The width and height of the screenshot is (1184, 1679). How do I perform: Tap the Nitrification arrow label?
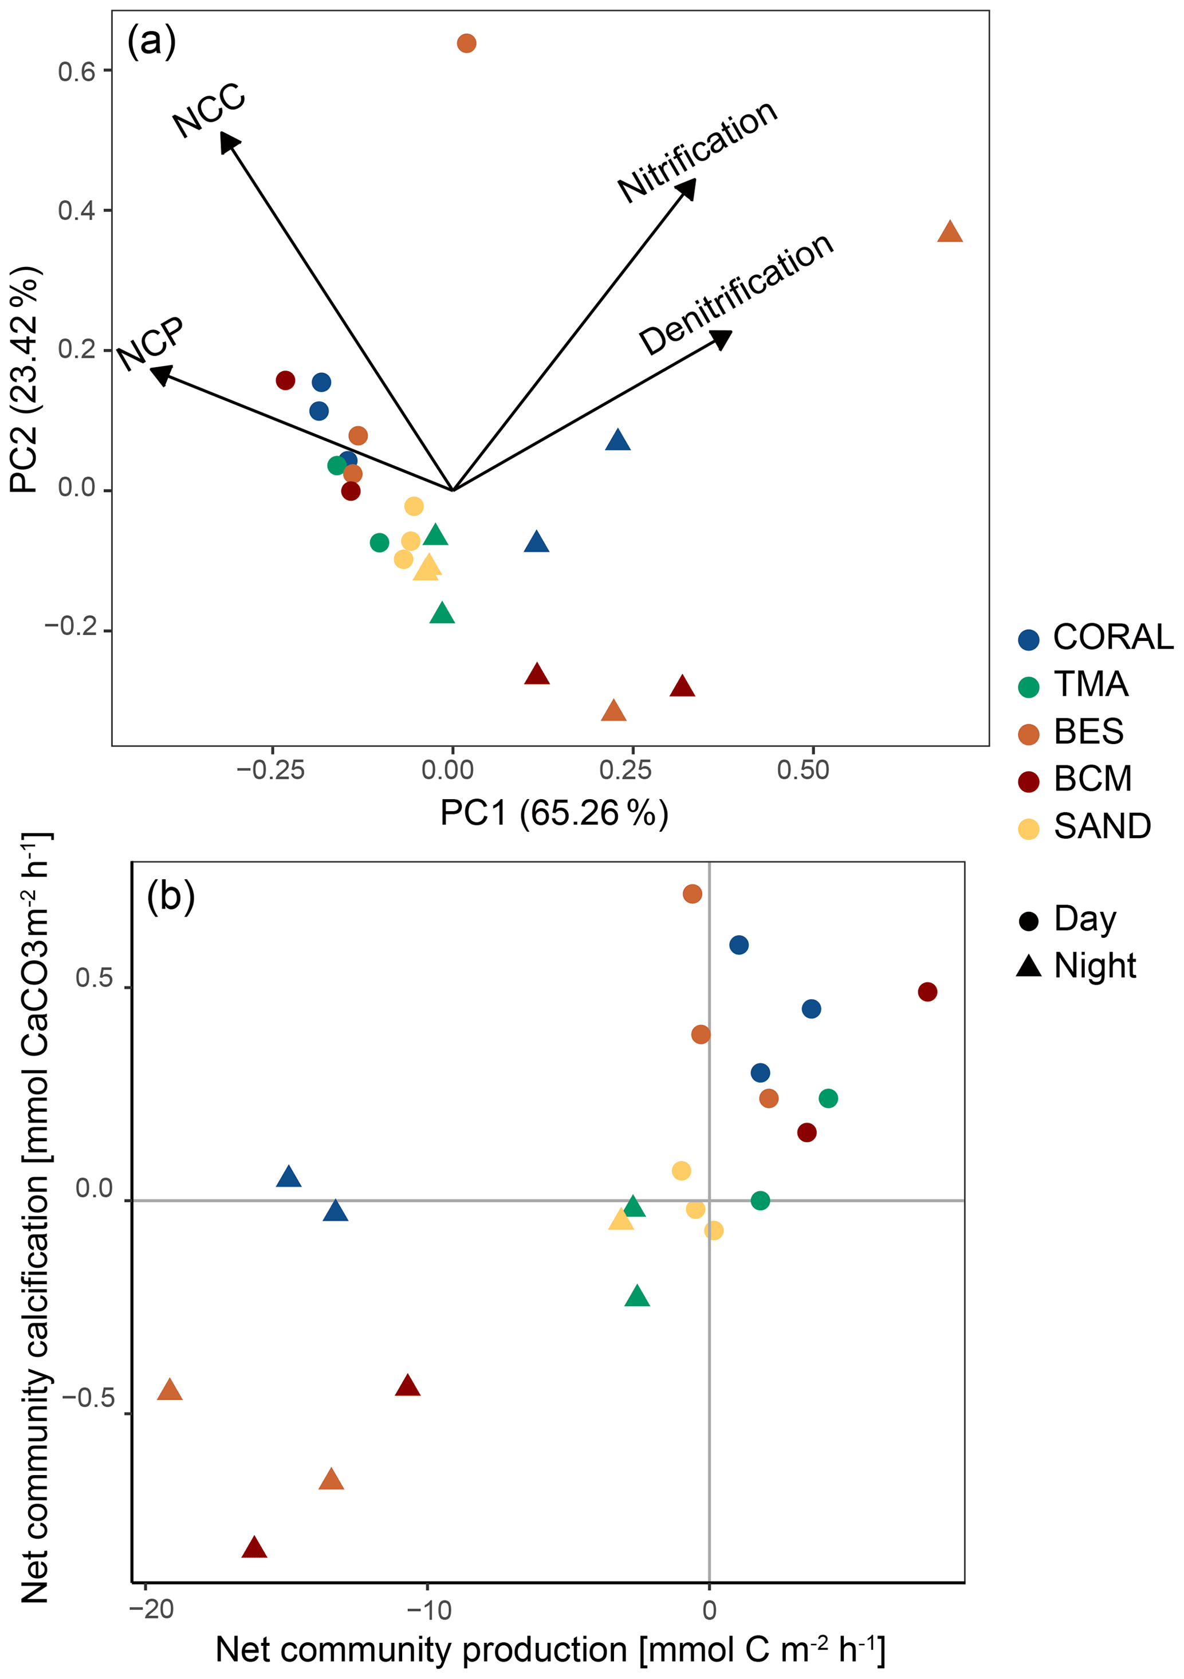[x=697, y=151]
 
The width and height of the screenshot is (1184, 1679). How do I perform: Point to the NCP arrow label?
[x=151, y=344]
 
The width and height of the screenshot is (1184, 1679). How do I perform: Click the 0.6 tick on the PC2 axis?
[x=76, y=72]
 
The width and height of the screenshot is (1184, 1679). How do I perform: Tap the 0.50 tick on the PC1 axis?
[x=803, y=770]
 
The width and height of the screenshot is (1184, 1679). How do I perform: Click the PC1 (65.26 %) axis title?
[x=553, y=813]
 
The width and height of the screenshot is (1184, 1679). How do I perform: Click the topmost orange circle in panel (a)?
[x=467, y=43]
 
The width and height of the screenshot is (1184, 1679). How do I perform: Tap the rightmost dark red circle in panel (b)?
[x=927, y=992]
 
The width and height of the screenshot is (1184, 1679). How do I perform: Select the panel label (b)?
[x=170, y=896]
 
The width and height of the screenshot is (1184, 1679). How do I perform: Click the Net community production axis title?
[x=550, y=1650]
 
